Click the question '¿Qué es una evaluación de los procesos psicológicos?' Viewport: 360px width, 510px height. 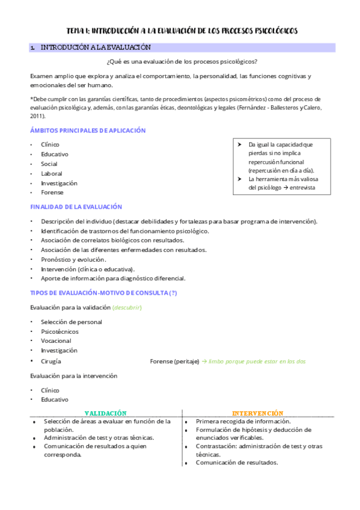(x=182, y=61)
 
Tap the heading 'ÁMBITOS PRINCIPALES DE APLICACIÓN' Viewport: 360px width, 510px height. (x=88, y=131)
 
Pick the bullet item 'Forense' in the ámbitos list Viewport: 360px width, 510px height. (x=52, y=192)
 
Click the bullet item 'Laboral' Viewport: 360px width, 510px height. (x=51, y=173)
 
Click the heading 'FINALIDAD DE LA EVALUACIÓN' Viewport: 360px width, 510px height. (x=76, y=207)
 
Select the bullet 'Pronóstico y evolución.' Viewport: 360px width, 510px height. (x=73, y=259)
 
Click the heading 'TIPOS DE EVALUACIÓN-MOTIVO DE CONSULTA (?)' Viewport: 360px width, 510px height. (x=103, y=293)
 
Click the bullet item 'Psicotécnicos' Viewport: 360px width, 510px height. (x=59, y=331)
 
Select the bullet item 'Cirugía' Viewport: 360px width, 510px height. (x=50, y=361)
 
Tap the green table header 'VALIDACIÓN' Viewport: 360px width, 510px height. (x=105, y=413)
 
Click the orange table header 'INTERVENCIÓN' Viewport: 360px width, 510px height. (x=258, y=413)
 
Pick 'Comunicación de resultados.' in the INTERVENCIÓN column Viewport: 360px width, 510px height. (x=236, y=462)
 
